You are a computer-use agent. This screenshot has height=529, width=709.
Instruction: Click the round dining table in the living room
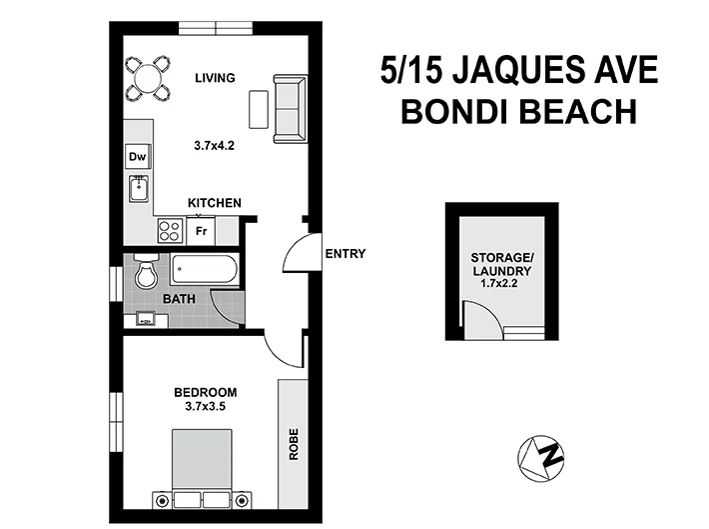click(148, 76)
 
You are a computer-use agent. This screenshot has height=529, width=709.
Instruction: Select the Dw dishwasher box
click(137, 157)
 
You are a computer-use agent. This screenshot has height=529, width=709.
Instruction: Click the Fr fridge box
click(201, 231)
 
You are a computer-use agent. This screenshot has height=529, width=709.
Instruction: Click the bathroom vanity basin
click(146, 320)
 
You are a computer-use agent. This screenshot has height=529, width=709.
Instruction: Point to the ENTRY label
click(346, 254)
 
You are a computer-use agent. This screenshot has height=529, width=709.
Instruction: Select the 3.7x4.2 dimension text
click(215, 145)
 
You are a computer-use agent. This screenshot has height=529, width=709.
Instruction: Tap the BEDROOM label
click(205, 391)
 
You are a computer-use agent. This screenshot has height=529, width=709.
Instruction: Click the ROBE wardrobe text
click(294, 444)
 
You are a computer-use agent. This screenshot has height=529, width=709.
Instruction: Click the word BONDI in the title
click(455, 111)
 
